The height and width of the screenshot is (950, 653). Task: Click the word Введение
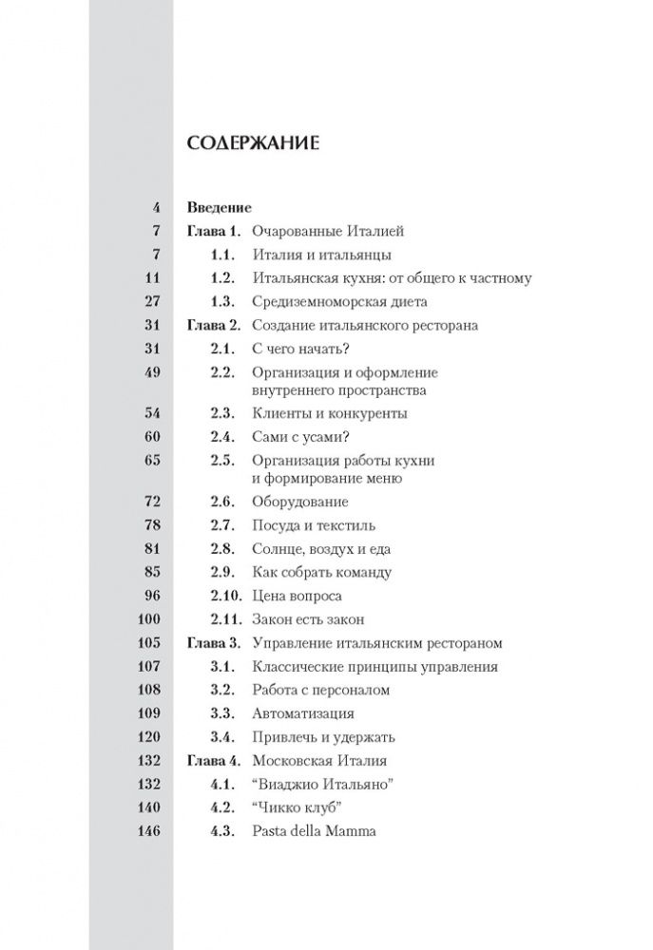pos(220,206)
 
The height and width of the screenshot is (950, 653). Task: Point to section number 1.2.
pos(222,278)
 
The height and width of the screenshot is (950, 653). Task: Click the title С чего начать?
pos(300,350)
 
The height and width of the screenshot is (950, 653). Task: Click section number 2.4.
pos(222,437)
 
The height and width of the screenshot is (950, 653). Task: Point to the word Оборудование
pos(300,501)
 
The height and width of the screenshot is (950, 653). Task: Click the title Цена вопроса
pos(297,596)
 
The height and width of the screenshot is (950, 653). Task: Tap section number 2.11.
pos(226,619)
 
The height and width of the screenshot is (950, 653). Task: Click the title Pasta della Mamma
pos(315,831)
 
